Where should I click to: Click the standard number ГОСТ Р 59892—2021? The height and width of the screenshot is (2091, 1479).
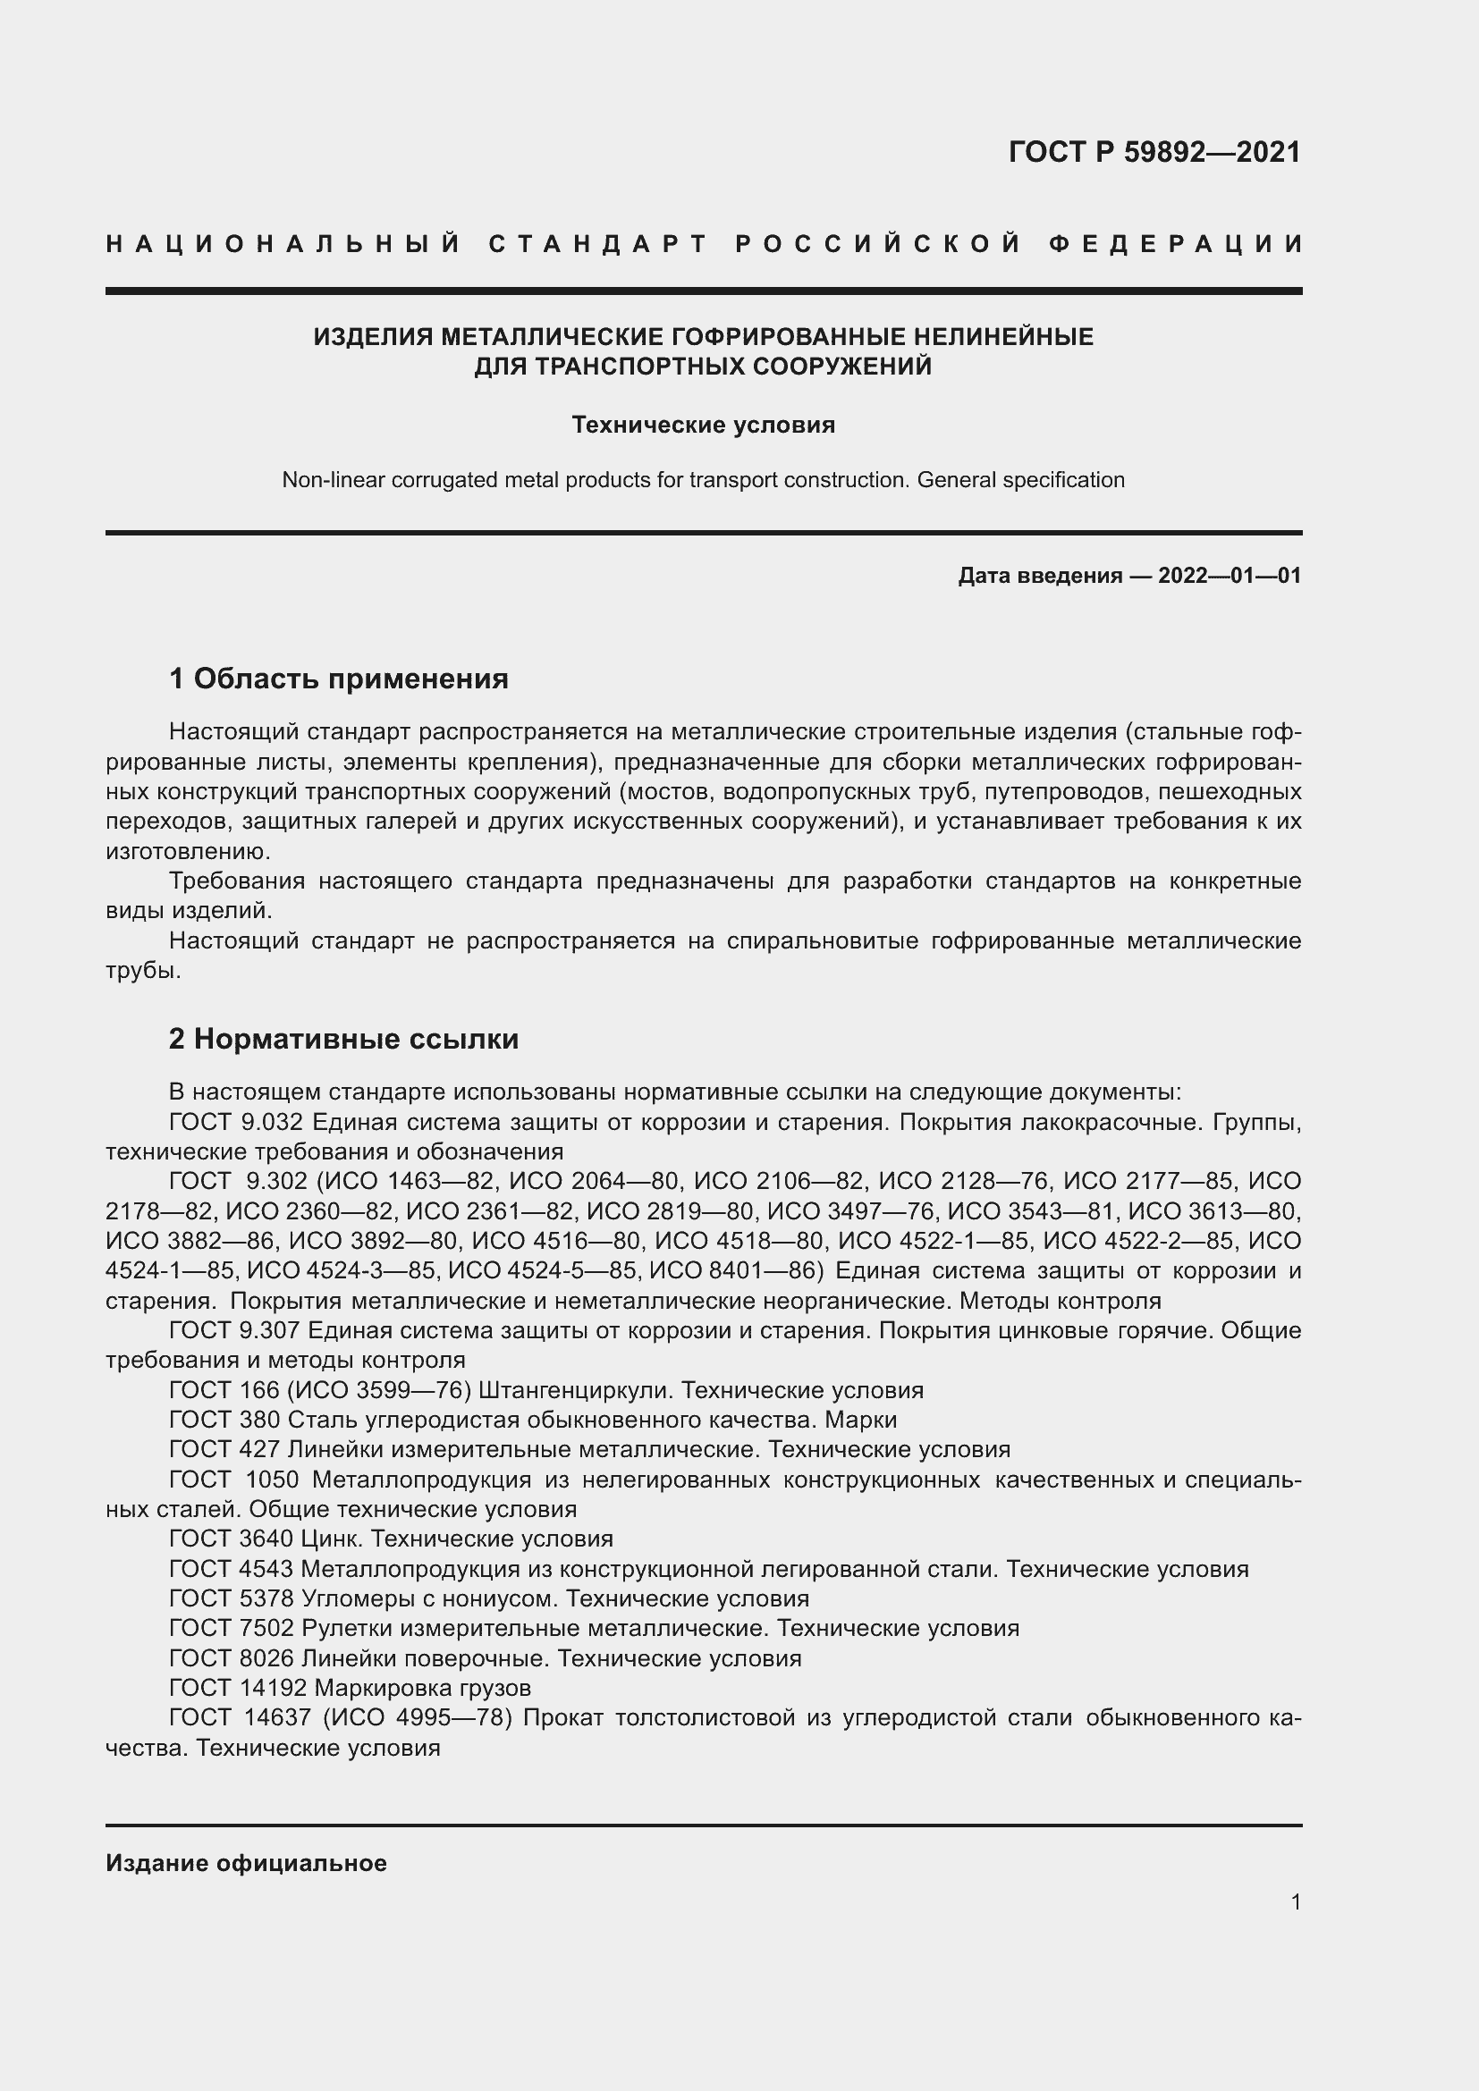[1154, 151]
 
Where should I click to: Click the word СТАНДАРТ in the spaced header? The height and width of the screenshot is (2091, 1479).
[598, 244]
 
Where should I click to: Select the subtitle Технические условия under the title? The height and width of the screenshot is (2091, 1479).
[703, 426]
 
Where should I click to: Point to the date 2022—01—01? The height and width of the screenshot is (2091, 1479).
[1230, 576]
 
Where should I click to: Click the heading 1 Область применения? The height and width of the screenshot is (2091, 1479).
[339, 679]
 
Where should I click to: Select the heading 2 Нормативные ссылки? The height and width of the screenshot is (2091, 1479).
[343, 1039]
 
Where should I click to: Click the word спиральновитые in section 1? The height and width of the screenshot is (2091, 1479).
[823, 940]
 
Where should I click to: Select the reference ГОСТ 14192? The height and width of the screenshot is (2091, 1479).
[238, 1688]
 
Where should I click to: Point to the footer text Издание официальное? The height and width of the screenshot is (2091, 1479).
[246, 1863]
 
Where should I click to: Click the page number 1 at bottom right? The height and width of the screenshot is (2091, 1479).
[1295, 1901]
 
